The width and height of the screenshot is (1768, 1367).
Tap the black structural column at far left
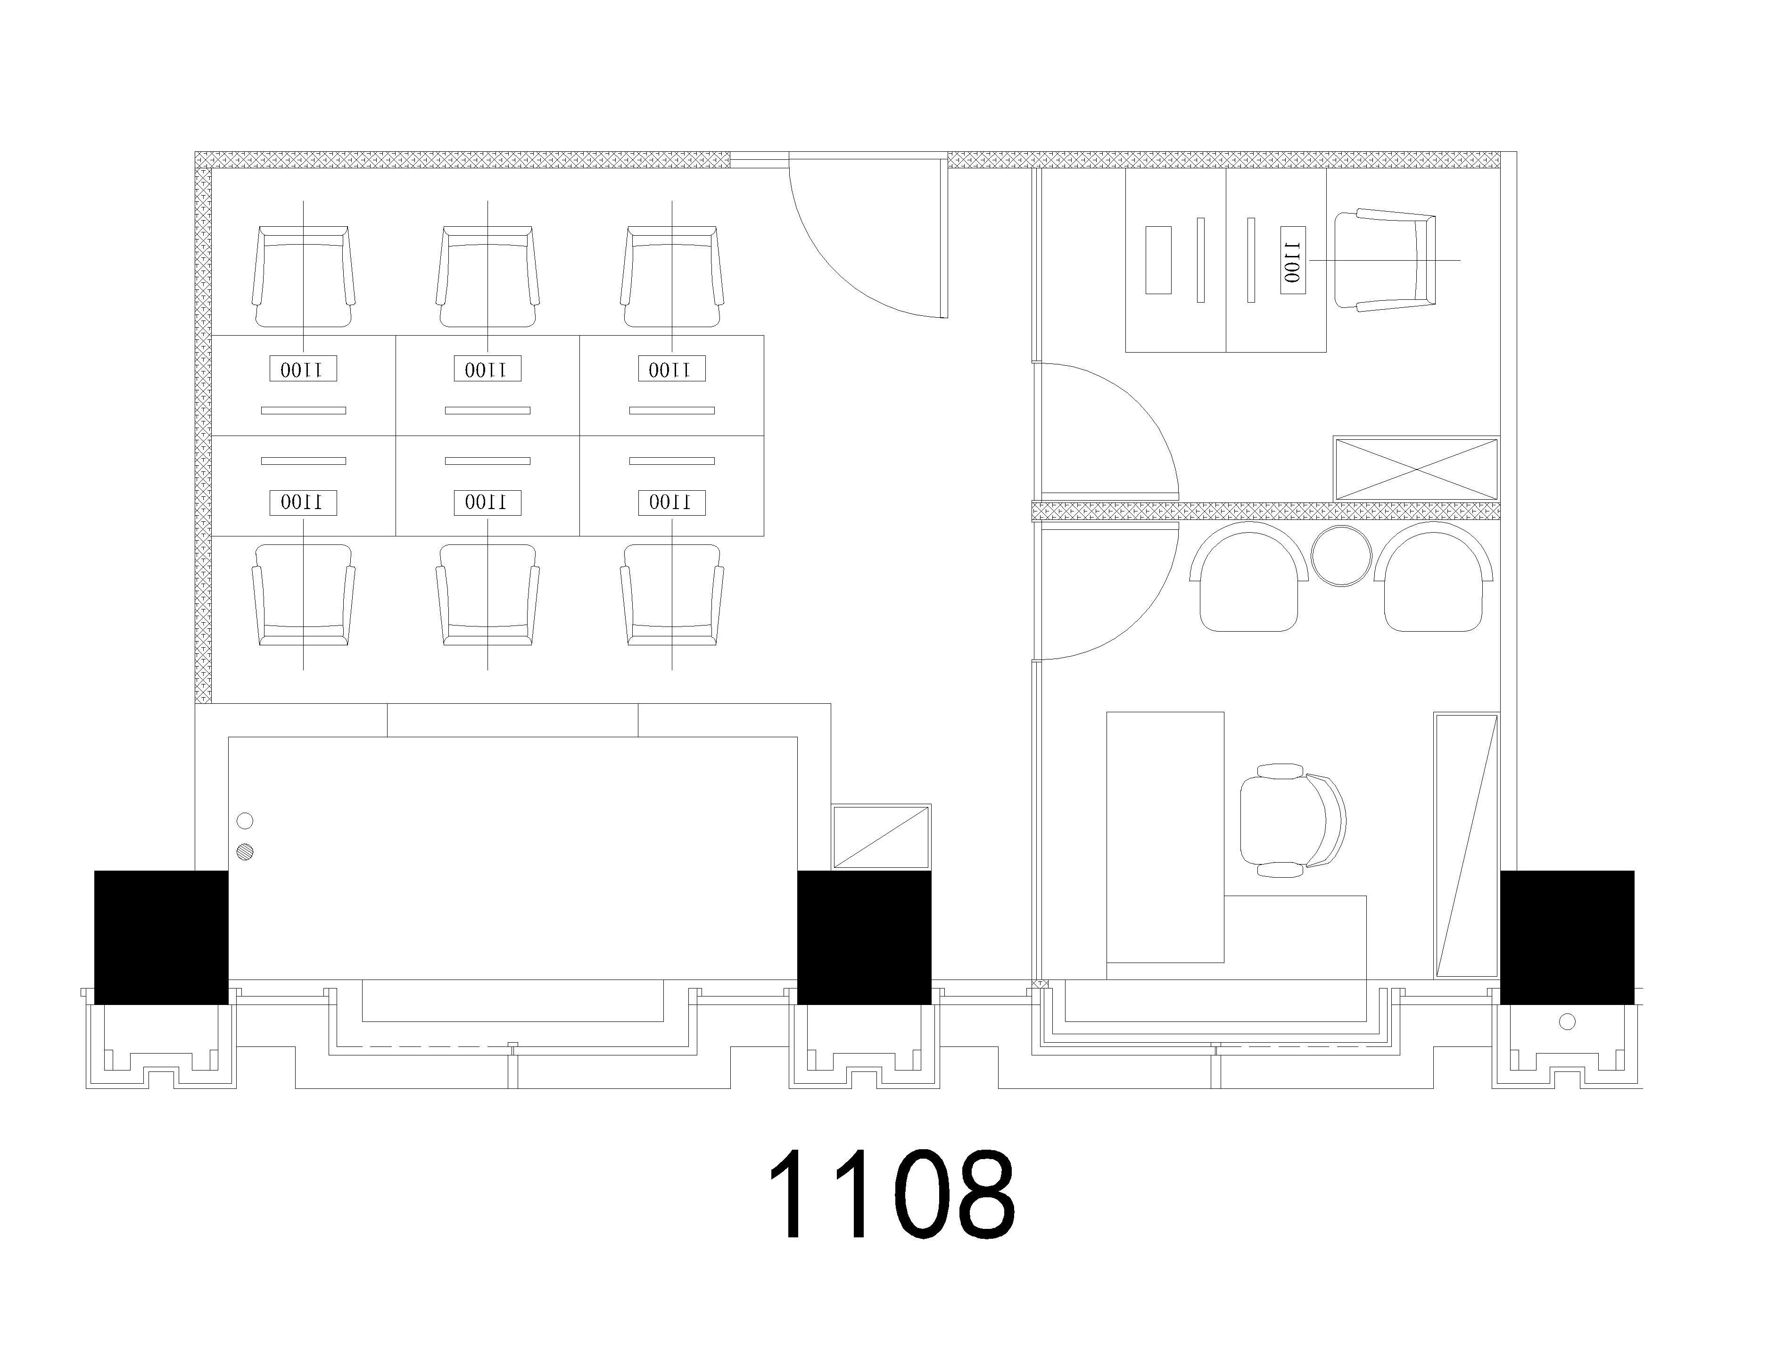click(161, 937)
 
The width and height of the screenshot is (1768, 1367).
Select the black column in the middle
click(865, 937)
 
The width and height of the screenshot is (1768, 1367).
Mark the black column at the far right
click(1567, 937)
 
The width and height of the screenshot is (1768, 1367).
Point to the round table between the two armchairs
click(1341, 555)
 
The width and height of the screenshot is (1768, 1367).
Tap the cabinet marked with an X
click(1416, 469)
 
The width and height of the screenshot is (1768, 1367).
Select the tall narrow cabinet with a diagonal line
click(1466, 845)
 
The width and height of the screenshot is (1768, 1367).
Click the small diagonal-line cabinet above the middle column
click(882, 837)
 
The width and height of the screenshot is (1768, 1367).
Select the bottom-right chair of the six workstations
click(672, 595)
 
